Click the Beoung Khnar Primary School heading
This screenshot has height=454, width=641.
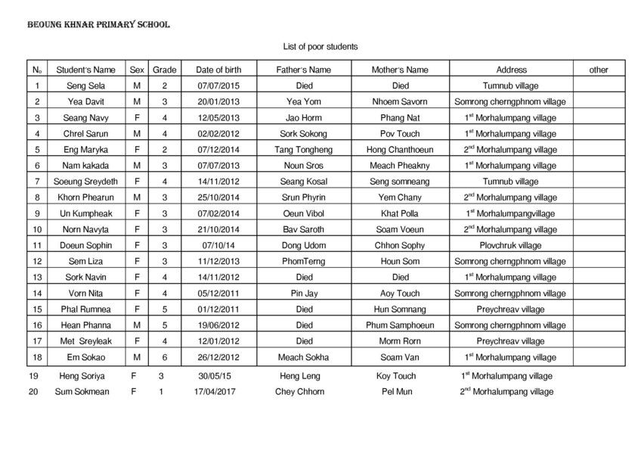pos(98,25)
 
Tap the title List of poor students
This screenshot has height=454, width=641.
pos(320,47)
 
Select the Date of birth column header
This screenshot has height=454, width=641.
pos(218,70)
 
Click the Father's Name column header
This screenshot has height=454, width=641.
pos(305,70)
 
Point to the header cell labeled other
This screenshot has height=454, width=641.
pos(598,70)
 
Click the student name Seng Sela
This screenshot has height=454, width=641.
pos(85,86)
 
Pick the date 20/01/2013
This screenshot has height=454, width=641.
pos(218,102)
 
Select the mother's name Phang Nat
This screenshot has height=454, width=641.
pos(401,118)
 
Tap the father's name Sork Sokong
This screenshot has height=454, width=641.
pos(305,134)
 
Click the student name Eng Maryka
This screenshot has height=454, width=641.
pos(85,150)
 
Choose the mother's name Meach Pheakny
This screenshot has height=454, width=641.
pos(401,166)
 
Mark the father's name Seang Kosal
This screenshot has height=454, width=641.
pos(305,182)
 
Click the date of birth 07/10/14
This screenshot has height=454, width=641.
pos(218,245)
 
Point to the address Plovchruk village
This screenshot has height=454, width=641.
pos(510,245)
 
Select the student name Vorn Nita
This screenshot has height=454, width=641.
pos(85,293)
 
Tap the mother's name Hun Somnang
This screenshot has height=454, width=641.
pos(401,309)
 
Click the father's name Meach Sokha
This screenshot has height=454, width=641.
pos(305,356)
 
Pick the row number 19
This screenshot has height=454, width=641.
pos(33,376)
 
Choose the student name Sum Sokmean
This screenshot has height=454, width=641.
pos(82,392)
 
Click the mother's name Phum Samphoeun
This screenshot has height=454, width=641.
pos(401,325)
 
